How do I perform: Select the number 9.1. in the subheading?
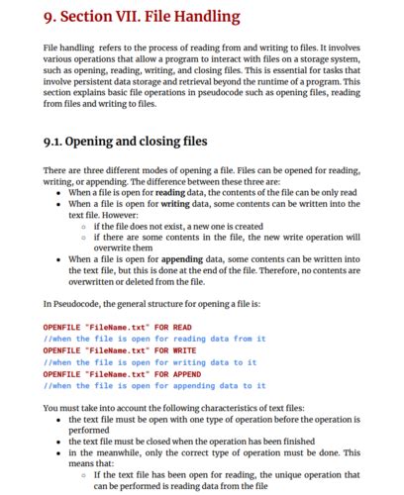(x=59, y=141)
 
